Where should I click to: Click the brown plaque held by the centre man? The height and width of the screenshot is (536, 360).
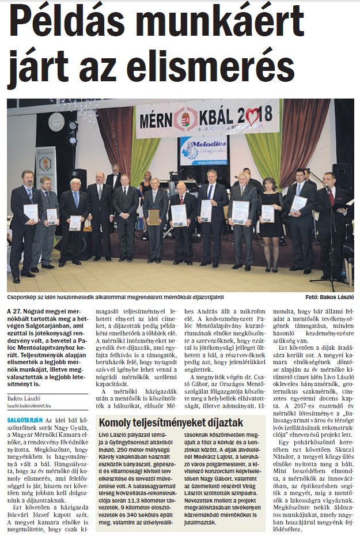click(154, 217)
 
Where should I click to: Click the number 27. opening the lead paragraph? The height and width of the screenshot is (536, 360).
click(18, 312)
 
